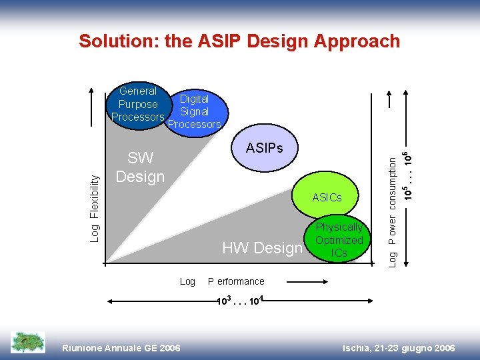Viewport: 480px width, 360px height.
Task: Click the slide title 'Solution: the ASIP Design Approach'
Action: (239, 41)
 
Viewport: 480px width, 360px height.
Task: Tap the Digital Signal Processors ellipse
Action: (195, 112)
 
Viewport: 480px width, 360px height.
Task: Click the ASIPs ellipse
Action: (264, 148)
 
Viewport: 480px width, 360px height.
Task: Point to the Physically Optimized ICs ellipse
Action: (339, 240)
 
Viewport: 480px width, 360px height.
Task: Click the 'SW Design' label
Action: (139, 167)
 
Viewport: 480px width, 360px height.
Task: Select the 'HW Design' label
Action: (262, 248)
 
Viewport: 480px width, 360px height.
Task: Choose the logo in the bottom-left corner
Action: (28, 342)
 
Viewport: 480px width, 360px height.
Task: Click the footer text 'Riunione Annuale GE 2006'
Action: (121, 348)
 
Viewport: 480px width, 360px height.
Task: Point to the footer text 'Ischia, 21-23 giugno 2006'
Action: (398, 348)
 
